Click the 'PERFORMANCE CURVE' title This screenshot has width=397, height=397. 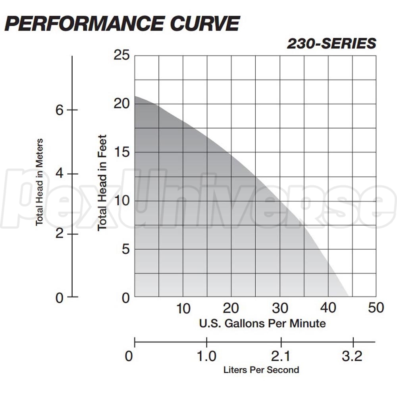point(122,23)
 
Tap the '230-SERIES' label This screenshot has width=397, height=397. point(331,44)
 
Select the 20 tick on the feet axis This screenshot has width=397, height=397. point(121,104)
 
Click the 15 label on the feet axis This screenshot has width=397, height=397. point(121,152)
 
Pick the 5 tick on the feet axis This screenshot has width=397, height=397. point(126,249)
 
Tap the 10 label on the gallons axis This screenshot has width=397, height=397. point(183,308)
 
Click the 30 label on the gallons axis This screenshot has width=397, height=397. point(280,308)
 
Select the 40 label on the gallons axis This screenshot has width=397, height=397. point(328,308)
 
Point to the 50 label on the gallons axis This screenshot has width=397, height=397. point(376,308)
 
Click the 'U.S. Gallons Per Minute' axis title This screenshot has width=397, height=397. point(262,323)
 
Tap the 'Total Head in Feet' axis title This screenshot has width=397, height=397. point(102,183)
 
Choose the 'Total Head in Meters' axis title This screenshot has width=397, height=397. point(39,182)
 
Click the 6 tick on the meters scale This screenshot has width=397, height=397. point(60,110)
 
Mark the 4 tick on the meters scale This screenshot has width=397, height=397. point(60,174)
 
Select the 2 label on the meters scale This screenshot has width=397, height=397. point(60,234)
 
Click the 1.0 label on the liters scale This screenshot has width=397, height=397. point(207,356)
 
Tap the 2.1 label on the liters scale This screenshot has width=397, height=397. point(281,356)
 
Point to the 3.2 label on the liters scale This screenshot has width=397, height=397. point(352,356)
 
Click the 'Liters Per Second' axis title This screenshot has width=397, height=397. point(261,370)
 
